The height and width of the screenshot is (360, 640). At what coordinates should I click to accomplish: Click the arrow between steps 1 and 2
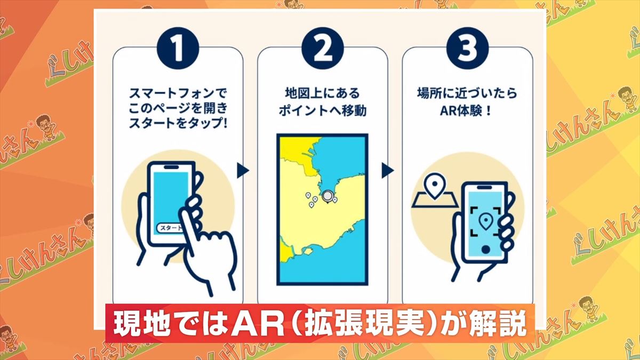click(x=243, y=171)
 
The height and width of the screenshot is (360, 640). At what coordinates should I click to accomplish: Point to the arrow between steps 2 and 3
click(x=388, y=171)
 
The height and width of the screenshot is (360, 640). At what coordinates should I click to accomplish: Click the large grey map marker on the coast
click(x=327, y=195)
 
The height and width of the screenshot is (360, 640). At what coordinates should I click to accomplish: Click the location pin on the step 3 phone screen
click(x=485, y=220)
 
